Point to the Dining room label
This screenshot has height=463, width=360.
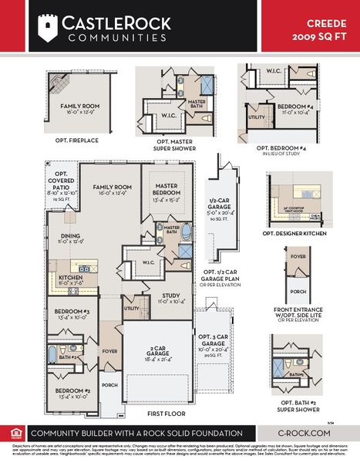click(x=70, y=240)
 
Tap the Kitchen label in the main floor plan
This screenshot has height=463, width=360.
click(x=70, y=280)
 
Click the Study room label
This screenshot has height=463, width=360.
click(x=171, y=298)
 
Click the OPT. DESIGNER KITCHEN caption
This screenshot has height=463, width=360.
click(x=296, y=233)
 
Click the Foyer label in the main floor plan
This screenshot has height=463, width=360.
click(x=109, y=350)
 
